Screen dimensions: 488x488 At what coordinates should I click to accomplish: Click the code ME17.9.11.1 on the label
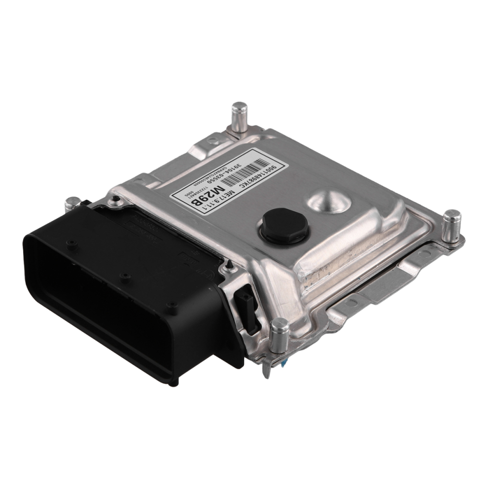pos(224,193)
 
